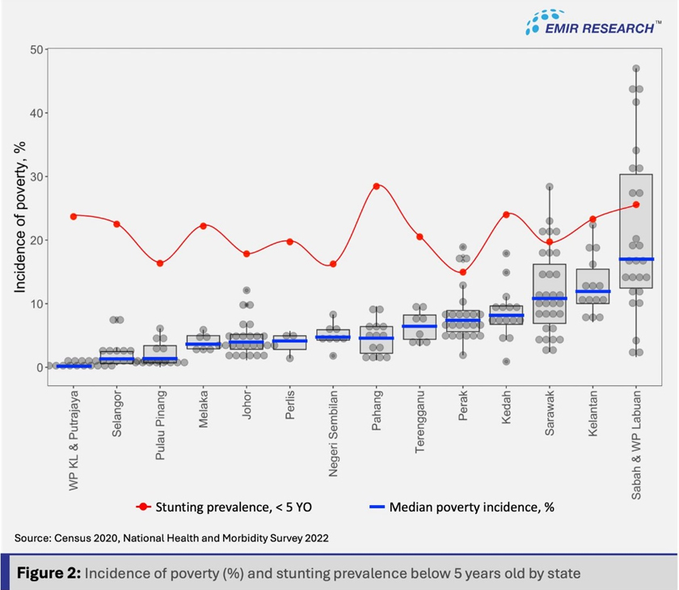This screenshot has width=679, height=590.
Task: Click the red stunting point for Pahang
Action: coord(376,186)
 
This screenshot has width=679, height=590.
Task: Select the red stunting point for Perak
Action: coord(463,272)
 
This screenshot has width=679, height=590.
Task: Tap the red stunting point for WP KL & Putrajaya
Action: coord(74,216)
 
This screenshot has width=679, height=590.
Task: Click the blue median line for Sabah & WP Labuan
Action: coord(636,259)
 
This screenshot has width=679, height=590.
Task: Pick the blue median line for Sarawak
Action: coord(550,299)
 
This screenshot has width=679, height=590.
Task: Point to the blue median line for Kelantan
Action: coord(593,291)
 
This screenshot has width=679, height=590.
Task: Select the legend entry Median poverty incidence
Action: coord(461,507)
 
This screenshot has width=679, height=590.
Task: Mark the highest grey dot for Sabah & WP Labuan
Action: coord(636,69)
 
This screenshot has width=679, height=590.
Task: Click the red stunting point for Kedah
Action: coord(506,214)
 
